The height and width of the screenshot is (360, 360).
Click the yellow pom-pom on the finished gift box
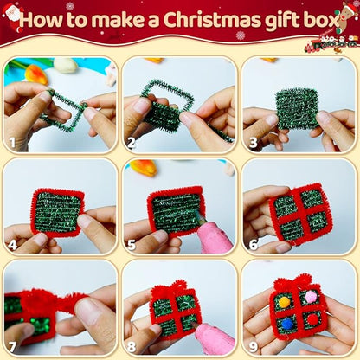[x=285, y=303]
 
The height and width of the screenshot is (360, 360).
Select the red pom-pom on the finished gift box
[x=313, y=318]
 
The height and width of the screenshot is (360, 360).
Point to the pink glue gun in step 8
[x=211, y=338]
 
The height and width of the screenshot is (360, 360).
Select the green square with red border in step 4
[x=57, y=213]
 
